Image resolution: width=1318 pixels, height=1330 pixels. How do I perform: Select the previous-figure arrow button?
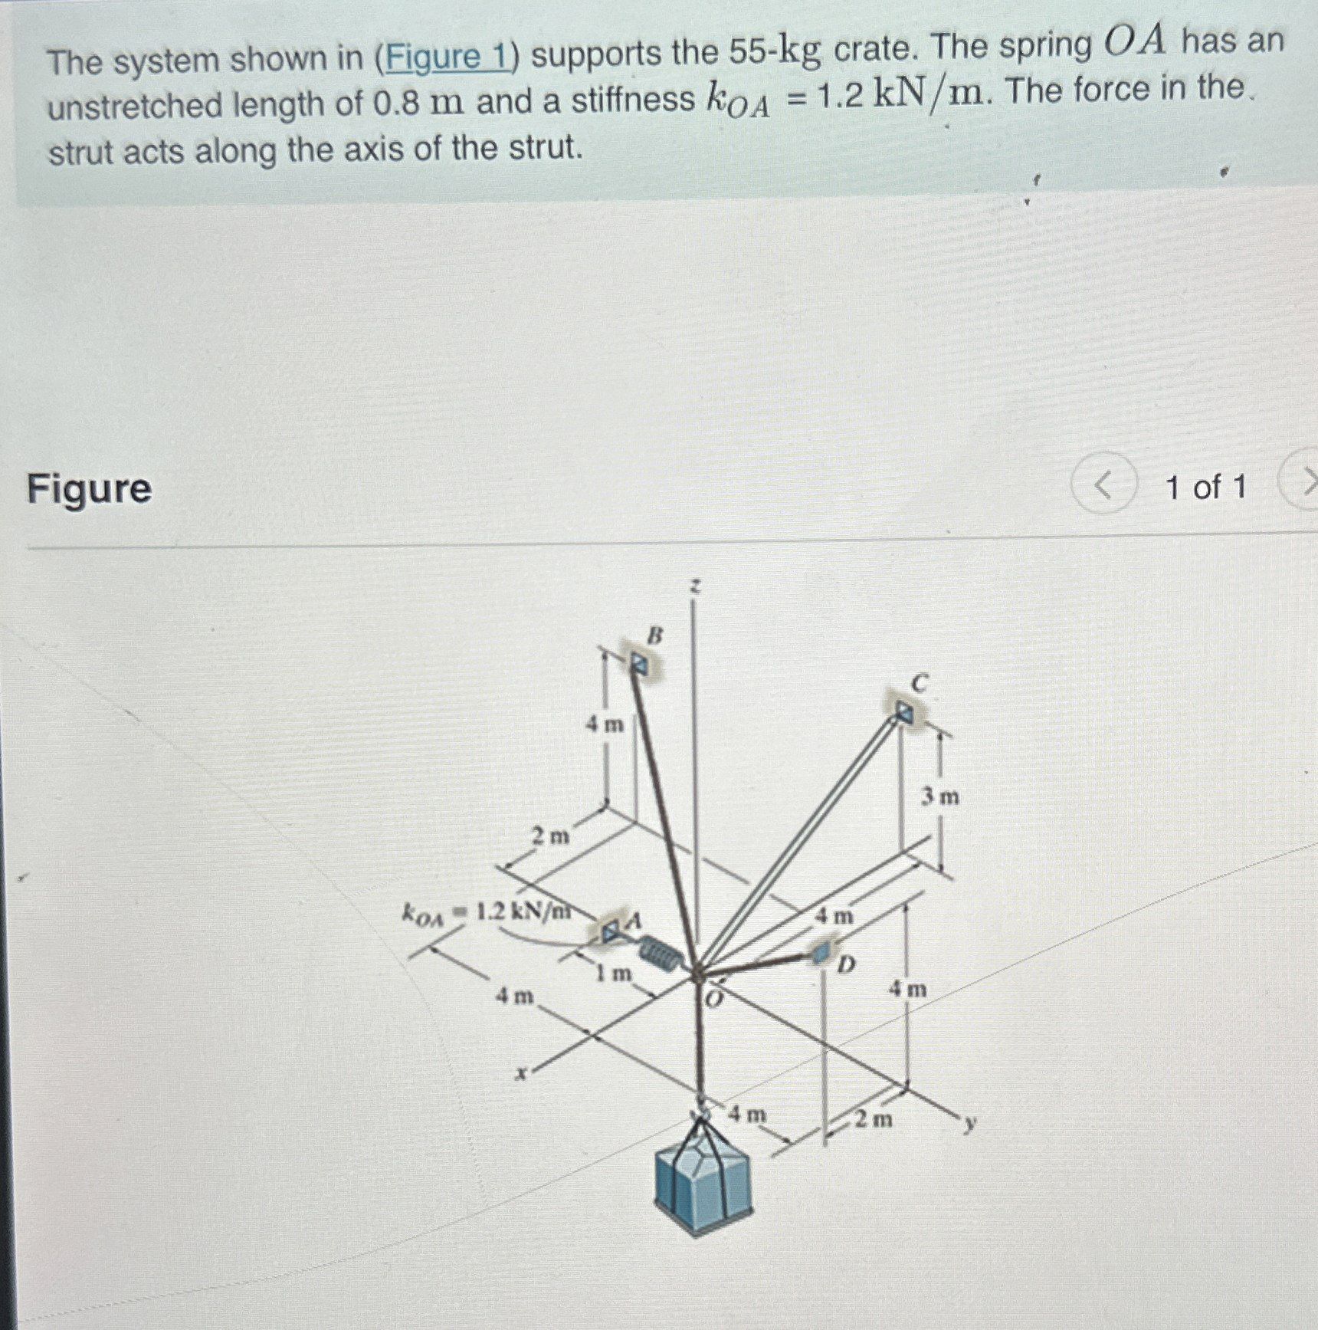(x=1103, y=484)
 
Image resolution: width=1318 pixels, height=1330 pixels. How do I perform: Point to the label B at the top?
(x=655, y=635)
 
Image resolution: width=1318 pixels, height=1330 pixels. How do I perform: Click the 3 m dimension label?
(x=939, y=798)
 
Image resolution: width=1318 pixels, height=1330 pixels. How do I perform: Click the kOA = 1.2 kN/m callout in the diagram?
(x=487, y=913)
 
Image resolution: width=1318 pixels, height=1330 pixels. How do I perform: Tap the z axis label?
(x=693, y=587)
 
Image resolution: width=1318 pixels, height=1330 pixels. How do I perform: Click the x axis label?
(x=521, y=1074)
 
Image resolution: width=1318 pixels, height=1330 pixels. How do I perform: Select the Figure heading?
(x=90, y=488)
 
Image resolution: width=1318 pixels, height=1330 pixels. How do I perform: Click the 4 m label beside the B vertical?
(x=605, y=724)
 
